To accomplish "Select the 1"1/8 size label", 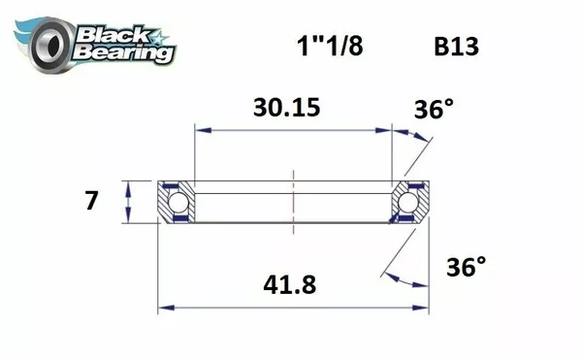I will pos(327,47).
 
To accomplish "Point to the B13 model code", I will pos(454,47).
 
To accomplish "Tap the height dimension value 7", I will pos(92,202).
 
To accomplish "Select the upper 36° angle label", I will pos(436,110).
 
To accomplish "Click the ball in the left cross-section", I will pos(177,202).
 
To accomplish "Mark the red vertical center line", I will pos(293,199).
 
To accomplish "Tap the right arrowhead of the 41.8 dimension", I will pos(423,309).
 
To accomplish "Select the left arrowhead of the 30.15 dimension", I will pos(200,127).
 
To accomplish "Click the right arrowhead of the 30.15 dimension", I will pos(387,127).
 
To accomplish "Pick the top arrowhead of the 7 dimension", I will pos(127,184).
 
